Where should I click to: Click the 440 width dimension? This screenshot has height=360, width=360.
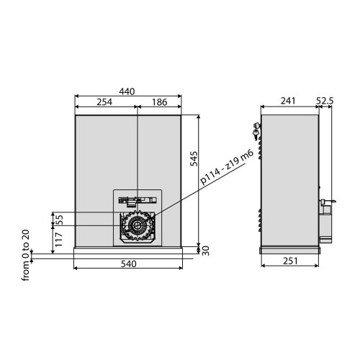click(127, 91)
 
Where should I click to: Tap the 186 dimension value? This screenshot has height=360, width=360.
click(160, 104)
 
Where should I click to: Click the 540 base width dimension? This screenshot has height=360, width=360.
click(127, 264)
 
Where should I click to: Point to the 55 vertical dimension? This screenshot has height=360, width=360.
click(60, 220)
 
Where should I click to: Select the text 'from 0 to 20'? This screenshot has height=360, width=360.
click(26, 255)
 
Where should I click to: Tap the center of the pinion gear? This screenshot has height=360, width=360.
click(137, 226)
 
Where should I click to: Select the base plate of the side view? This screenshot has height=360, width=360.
click(288, 249)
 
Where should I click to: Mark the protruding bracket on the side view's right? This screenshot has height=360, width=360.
click(325, 216)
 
